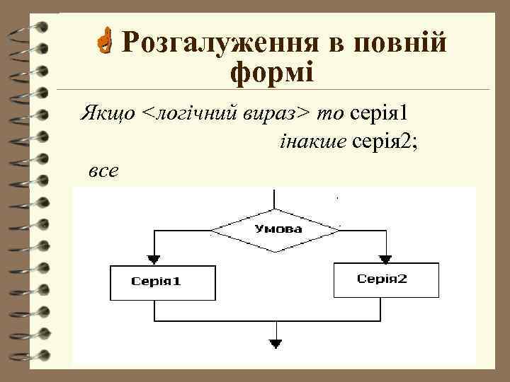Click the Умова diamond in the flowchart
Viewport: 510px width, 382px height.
(x=276, y=229)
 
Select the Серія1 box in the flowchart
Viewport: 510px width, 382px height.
(x=156, y=281)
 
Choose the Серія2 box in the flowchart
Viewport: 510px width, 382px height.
(x=382, y=279)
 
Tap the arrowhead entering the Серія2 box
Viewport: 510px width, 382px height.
(x=385, y=257)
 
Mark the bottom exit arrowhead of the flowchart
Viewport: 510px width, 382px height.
(x=276, y=345)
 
